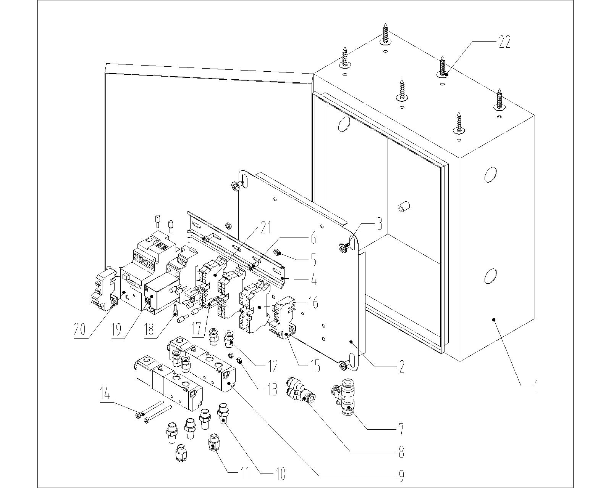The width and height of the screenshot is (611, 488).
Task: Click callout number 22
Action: (504, 42)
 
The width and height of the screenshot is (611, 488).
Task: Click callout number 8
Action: (401, 452)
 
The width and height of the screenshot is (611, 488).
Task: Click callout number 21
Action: (265, 228)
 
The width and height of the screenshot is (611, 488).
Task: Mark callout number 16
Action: (313, 303)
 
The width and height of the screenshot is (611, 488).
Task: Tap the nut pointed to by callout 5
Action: (278, 252)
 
